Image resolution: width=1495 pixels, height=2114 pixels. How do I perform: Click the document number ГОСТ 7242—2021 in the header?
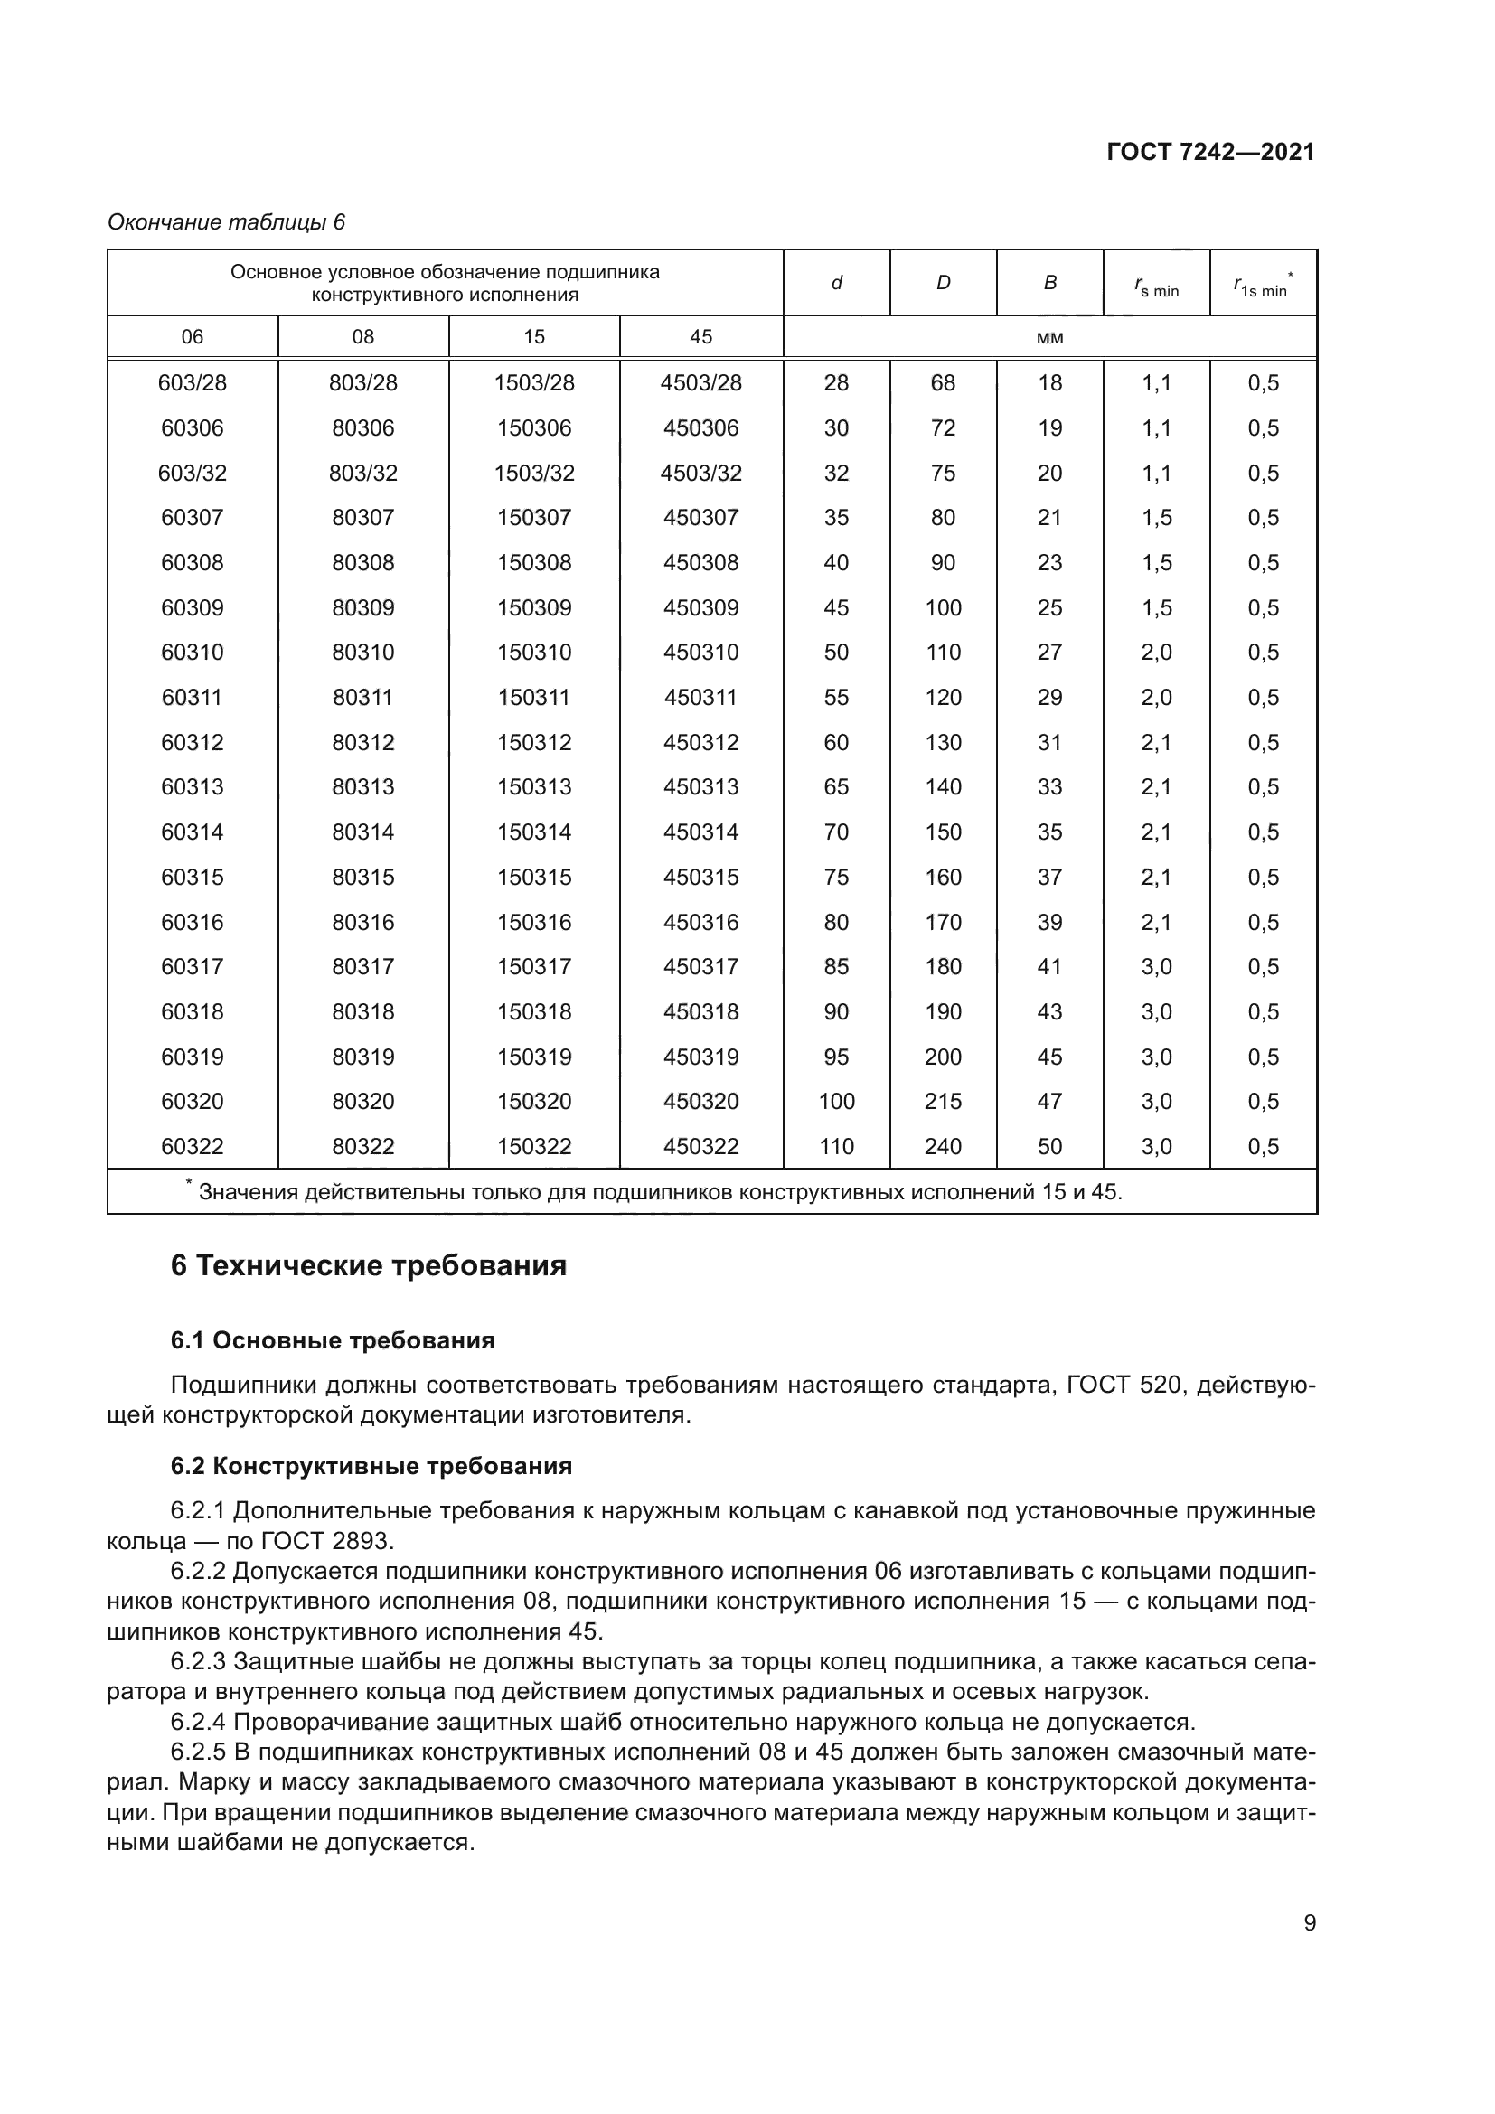1209,153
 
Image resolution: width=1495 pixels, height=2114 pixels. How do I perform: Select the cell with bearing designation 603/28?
192,383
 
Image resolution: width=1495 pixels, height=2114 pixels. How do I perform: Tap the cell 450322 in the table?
700,1146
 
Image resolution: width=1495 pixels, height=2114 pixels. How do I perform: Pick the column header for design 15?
534,337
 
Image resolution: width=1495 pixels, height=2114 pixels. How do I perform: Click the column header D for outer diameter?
943,284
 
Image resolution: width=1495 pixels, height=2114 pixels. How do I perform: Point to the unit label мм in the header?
1049,338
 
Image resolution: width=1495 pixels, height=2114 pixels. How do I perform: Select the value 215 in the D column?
943,1101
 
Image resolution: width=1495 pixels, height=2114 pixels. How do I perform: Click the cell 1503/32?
534,474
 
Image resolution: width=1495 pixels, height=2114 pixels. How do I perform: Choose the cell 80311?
362,698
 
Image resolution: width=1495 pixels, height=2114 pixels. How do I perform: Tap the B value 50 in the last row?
1049,1146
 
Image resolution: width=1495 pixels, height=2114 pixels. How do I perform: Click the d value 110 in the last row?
836,1146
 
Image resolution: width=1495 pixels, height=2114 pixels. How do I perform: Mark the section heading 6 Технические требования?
368,1266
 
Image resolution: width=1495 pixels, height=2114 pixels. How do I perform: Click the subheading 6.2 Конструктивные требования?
371,1466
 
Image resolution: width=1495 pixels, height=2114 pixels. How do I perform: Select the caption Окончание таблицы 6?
227,223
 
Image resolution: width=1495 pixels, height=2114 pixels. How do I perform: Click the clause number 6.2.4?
198,1722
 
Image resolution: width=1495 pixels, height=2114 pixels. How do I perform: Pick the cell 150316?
534,923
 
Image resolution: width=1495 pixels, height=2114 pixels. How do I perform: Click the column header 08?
362,337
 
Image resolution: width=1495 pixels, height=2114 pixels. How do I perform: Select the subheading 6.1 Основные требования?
333,1340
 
